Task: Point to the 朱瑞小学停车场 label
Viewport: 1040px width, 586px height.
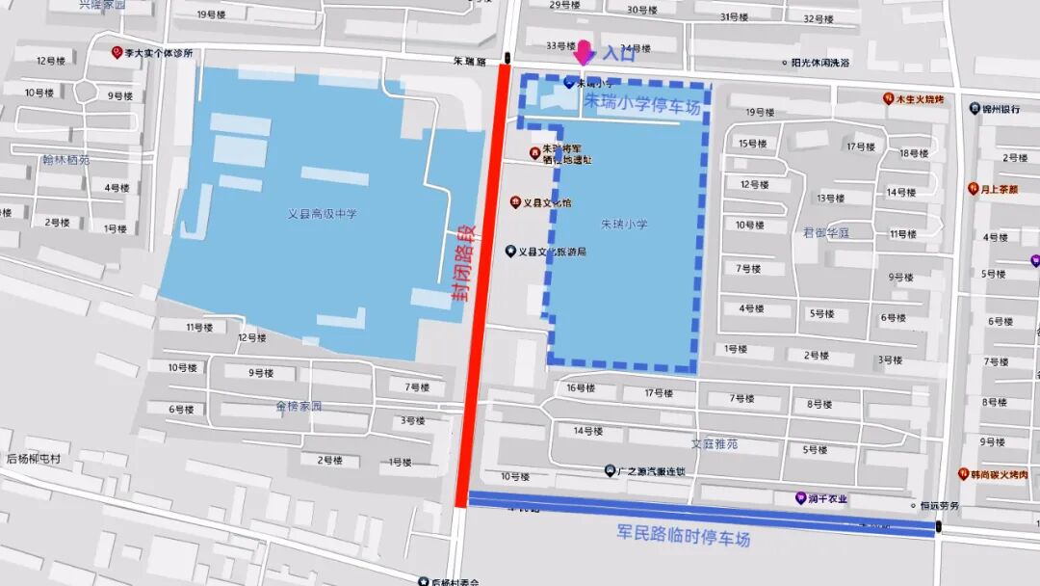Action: [x=642, y=105]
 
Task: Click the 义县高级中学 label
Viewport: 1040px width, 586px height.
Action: [x=322, y=214]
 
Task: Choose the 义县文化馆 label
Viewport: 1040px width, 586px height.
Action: [x=546, y=203]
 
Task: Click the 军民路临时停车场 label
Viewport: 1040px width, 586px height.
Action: [x=683, y=537]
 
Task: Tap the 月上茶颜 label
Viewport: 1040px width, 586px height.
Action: [x=999, y=189]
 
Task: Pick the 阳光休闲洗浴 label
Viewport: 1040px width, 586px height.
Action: [x=820, y=63]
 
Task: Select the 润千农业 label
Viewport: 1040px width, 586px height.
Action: [x=827, y=498]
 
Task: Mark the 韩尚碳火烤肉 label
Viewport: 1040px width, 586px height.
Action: [x=999, y=474]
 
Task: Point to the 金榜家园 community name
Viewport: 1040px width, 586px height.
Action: [x=297, y=407]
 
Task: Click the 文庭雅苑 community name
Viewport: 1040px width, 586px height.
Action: [x=715, y=444]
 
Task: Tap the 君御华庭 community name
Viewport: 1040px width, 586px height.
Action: [x=826, y=232]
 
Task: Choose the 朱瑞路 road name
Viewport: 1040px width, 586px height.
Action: [x=472, y=61]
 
